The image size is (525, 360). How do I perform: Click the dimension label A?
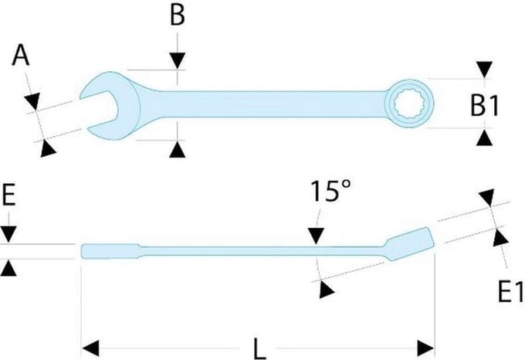pos(21,56)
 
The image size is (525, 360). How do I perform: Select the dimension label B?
pos(177,15)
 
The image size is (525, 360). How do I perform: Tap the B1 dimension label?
pos(485,105)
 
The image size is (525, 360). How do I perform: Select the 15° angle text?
pos(331,191)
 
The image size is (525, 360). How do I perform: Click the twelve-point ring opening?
pos(409,104)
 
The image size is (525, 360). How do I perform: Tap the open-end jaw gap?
pos(99,111)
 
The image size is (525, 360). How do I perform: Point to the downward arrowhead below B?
pos(178,60)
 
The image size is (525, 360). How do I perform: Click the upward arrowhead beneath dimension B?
pos(178,149)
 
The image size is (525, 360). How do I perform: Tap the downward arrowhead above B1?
pos(485,70)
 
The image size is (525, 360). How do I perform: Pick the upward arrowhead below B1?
pos(485,138)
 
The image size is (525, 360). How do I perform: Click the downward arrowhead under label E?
pos(8,234)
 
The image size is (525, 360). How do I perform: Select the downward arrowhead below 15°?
pos(316,236)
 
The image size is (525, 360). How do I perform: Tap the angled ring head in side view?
pos(410,243)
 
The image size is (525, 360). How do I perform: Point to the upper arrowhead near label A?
pos(32,100)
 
